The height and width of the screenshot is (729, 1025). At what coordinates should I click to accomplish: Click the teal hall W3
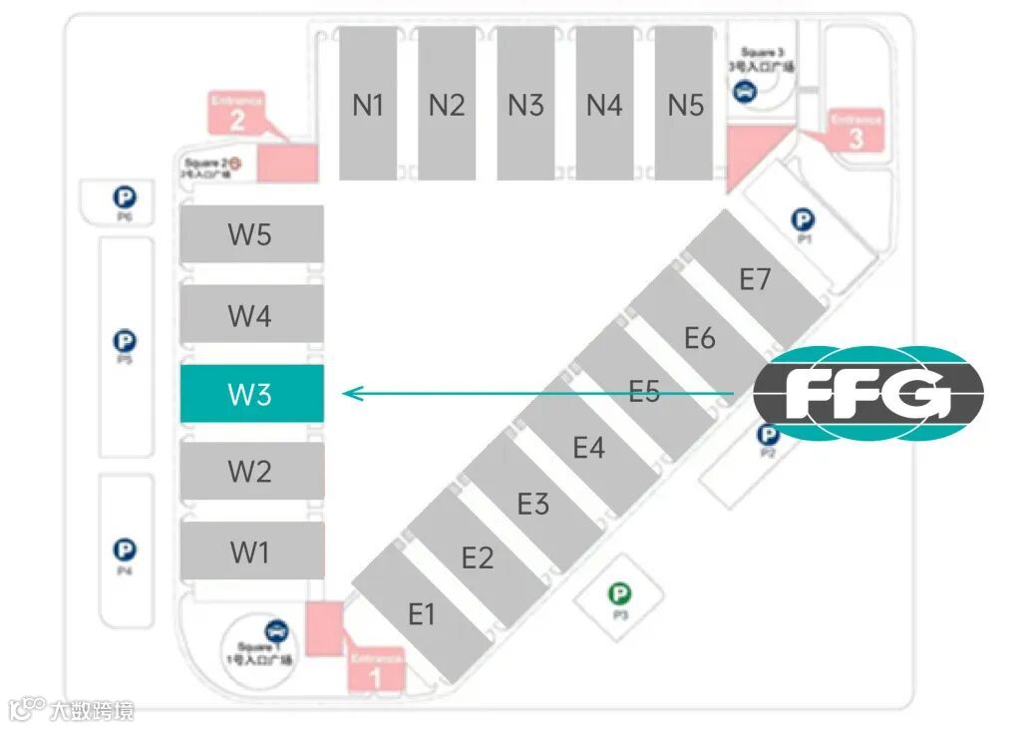(x=250, y=393)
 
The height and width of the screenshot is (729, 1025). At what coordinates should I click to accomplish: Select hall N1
(x=368, y=104)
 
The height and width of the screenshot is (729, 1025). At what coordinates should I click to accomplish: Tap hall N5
(x=685, y=104)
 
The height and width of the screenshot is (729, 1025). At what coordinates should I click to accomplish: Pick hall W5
(x=250, y=235)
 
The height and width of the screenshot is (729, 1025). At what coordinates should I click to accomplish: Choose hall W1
(x=250, y=550)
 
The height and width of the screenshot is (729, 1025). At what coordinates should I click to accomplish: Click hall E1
(x=422, y=613)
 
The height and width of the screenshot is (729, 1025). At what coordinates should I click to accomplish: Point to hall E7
(x=755, y=279)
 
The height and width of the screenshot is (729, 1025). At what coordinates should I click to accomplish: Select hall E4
(x=588, y=447)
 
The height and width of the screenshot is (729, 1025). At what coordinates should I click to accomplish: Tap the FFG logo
(x=867, y=394)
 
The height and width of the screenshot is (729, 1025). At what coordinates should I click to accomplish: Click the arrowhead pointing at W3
(x=349, y=394)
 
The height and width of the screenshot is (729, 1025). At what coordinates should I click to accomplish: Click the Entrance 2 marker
(x=237, y=115)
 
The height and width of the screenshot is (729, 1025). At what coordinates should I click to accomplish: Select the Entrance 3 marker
(x=856, y=131)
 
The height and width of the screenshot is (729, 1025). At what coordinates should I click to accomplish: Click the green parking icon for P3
(x=620, y=595)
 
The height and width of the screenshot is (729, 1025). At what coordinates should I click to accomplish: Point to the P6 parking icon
(x=125, y=196)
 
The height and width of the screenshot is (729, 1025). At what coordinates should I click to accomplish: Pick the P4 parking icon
(x=125, y=549)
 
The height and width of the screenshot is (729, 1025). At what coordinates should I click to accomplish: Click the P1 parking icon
(x=803, y=219)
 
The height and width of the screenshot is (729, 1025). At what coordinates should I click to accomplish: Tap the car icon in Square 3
(x=745, y=92)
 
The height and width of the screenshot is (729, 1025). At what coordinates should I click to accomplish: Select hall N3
(x=525, y=104)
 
